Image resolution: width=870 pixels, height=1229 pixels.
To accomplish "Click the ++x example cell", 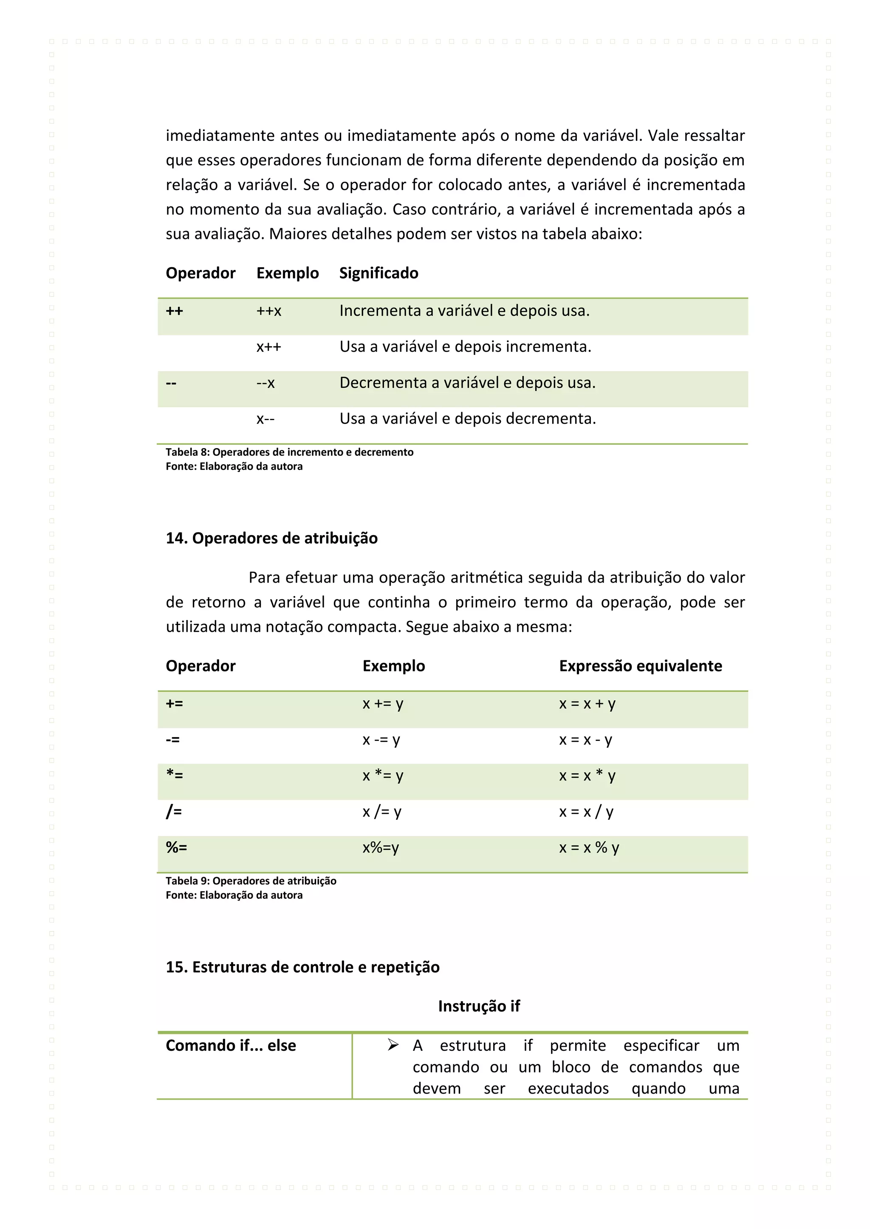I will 268,311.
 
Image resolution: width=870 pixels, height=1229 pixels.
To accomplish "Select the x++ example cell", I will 268,347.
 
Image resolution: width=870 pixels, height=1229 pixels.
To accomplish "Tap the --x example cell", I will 265,383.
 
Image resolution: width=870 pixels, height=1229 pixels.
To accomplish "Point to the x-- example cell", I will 265,418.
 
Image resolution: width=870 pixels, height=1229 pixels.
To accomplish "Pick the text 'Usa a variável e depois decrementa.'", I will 467,418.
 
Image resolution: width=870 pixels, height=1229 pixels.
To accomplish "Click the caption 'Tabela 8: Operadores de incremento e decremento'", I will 289,452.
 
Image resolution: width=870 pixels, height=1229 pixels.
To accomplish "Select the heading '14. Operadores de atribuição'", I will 271,538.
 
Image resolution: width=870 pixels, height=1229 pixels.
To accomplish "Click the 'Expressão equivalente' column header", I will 640,666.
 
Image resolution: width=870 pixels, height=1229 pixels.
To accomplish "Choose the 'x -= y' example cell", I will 381,740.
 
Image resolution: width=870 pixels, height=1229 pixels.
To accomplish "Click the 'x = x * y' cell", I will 587,776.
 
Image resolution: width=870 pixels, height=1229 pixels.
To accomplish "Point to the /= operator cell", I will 174,812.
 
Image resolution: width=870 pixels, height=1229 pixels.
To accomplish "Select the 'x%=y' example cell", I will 380,848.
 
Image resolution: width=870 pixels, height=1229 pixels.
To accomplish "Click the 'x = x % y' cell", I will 589,848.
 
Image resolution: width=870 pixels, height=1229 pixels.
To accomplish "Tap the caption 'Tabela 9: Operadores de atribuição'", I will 251,881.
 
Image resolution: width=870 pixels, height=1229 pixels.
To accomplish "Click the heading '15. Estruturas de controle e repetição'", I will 302,967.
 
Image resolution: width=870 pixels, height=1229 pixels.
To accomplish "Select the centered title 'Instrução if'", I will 478,1006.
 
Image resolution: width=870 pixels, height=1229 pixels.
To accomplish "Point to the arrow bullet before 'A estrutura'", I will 393,1045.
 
